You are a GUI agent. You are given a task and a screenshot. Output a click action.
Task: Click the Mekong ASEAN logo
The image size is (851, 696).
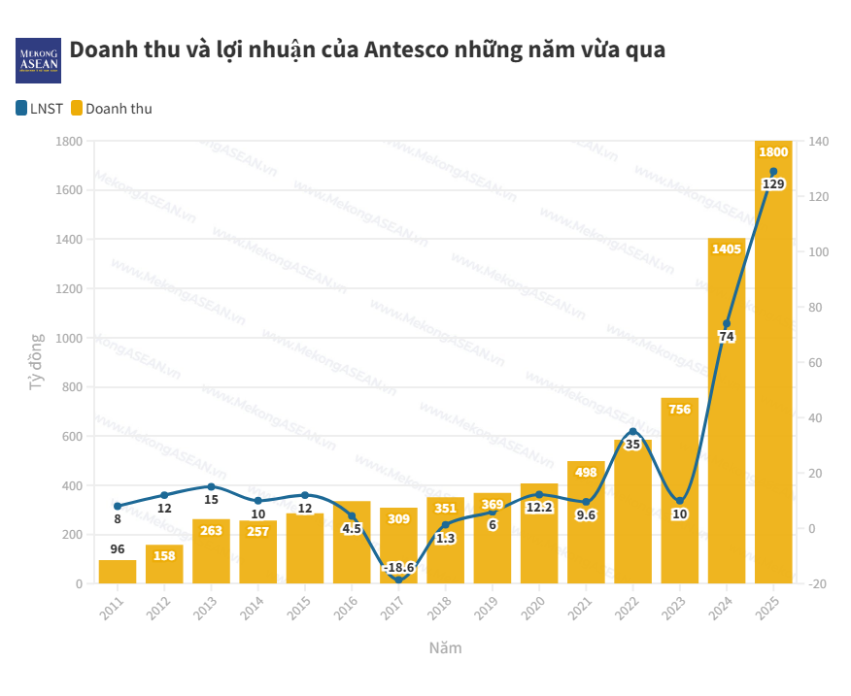39,60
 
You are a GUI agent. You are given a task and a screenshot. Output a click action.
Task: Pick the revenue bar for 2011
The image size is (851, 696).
118,572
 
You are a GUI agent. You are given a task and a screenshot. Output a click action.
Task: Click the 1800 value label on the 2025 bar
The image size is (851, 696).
773,152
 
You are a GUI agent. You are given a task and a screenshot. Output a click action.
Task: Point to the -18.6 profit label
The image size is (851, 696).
398,567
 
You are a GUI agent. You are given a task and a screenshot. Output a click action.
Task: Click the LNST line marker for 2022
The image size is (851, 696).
633,432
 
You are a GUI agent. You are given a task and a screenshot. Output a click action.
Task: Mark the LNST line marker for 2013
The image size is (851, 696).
211,486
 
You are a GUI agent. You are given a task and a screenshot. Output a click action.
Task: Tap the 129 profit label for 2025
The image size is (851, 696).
773,184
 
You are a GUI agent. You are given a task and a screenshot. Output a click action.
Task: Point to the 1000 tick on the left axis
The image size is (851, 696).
69,338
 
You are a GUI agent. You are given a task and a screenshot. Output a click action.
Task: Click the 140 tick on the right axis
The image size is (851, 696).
818,142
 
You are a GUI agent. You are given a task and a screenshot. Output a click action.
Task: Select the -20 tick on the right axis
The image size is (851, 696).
817,583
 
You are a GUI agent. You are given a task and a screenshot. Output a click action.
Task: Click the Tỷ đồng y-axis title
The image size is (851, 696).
37,362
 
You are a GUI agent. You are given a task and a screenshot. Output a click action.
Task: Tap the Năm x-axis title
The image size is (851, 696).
446,647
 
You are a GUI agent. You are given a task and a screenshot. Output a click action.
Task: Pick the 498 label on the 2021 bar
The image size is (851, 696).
586,473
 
